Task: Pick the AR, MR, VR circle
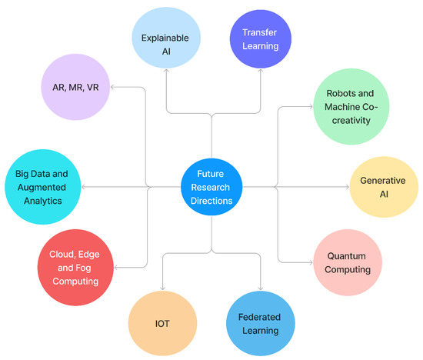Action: pyautogui.click(x=70, y=88)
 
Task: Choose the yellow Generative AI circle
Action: pyautogui.click(x=383, y=187)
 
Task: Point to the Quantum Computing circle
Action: pyautogui.click(x=347, y=262)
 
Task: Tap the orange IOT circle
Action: pyautogui.click(x=162, y=323)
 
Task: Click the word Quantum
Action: pyautogui.click(x=347, y=256)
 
